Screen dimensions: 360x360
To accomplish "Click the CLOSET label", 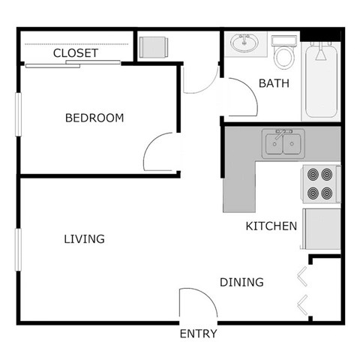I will click(x=75, y=53).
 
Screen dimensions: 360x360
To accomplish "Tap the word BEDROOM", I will click(x=94, y=118).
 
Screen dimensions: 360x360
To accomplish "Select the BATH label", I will click(x=274, y=83).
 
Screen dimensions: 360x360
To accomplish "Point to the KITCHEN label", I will click(x=271, y=226).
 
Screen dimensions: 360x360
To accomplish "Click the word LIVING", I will click(x=84, y=239).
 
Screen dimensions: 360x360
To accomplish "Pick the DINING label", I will click(x=241, y=283).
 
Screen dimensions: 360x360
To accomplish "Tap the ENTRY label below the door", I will click(x=199, y=334).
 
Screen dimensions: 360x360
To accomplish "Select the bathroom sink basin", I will click(x=243, y=43).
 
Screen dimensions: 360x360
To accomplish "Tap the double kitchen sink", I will click(x=283, y=143).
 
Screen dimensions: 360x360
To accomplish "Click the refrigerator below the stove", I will click(x=320, y=228).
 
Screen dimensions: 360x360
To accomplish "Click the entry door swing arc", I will click(x=198, y=302).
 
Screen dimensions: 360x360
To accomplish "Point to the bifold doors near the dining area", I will click(x=302, y=289).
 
